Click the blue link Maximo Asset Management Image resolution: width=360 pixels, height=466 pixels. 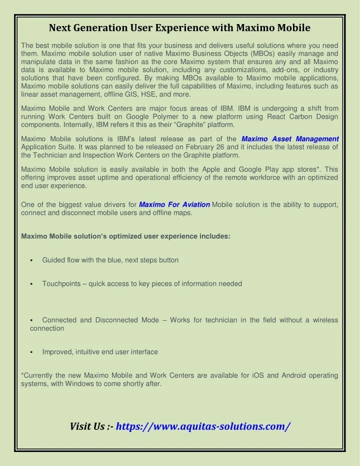290,139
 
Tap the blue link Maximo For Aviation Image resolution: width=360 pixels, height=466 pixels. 174,204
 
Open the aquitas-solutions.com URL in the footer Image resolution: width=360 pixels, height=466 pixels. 203,426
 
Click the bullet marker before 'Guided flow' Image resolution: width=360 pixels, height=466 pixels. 31,260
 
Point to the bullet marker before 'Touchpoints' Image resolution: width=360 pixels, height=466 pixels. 31,284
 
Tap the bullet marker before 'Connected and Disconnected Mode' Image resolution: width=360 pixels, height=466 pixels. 31,320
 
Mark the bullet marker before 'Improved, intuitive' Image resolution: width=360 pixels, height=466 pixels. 31,352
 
